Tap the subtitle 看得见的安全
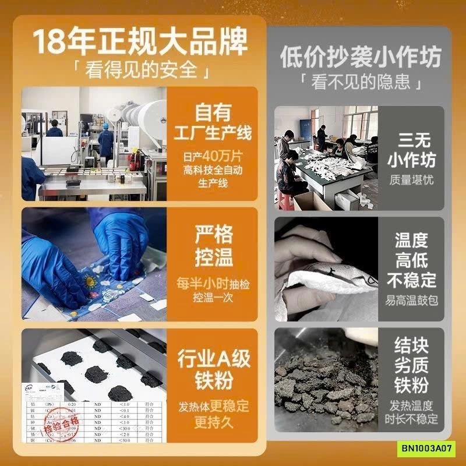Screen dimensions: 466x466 (x=140, y=71)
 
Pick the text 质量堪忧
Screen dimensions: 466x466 (x=411, y=181)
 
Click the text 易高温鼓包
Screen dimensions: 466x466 (x=411, y=301)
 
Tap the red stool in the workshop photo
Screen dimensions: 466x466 (x=285, y=200)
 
